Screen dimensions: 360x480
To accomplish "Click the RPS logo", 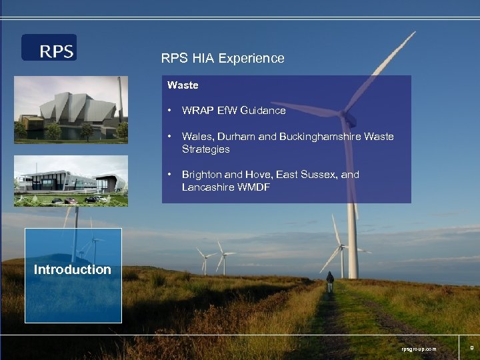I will click(49, 48).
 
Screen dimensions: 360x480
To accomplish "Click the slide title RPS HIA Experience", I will click(223, 58).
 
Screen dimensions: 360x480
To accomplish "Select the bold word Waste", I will click(183, 85).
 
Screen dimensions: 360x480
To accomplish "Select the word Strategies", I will click(205, 149).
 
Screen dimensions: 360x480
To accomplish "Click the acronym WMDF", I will click(256, 187).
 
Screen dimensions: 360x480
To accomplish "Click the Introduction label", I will click(73, 270).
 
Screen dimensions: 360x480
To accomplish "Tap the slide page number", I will click(471, 347).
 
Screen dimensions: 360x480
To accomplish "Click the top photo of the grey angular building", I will click(71, 109).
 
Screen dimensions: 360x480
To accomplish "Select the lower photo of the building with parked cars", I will click(71, 181).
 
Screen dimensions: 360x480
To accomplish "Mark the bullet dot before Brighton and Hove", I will click(171, 175).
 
